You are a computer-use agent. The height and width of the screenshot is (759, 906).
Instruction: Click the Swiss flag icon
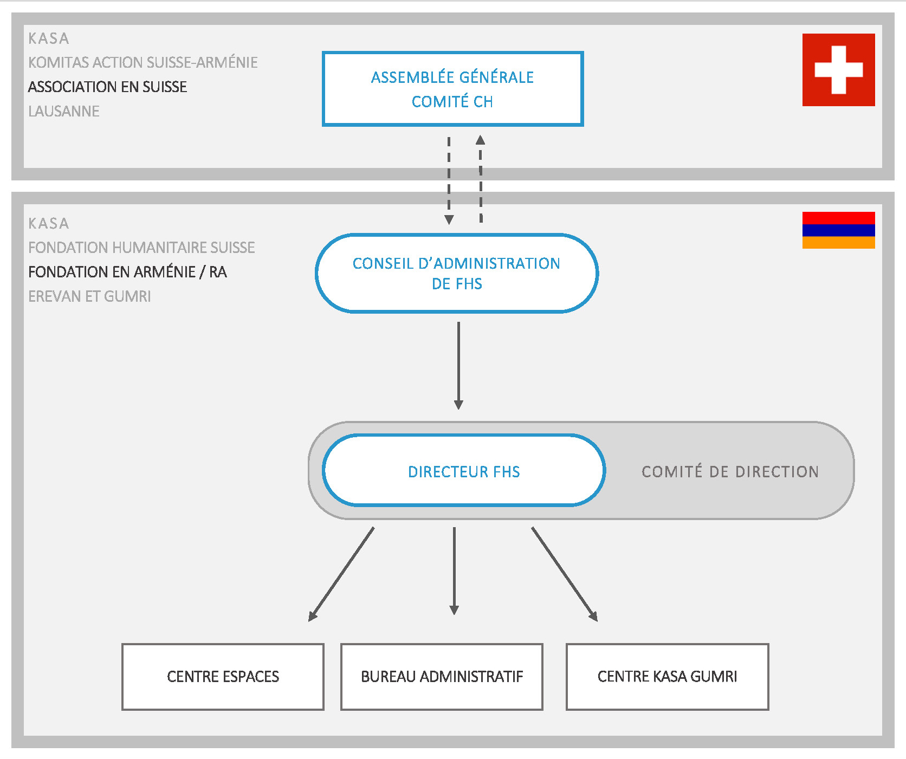[x=838, y=70]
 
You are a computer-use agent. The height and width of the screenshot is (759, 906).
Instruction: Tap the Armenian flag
[x=838, y=230]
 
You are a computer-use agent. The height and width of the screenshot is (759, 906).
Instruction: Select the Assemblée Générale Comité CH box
[x=452, y=89]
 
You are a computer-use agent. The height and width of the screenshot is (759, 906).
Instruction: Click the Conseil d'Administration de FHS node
[x=457, y=274]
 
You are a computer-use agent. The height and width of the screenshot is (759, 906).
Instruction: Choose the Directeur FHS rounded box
[x=464, y=471]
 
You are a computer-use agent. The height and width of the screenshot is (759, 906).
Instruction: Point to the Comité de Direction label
[x=730, y=472]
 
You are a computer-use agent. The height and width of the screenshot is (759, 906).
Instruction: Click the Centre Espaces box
[x=223, y=677]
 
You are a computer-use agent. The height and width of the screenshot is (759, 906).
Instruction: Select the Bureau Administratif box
[x=442, y=677]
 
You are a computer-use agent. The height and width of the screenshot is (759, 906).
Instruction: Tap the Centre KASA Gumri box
[x=667, y=677]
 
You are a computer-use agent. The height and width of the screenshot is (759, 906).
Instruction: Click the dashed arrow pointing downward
[x=449, y=180]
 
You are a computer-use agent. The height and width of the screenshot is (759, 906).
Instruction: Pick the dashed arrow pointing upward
[x=481, y=179]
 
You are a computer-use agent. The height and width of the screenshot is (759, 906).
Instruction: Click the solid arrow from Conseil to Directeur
[x=458, y=366]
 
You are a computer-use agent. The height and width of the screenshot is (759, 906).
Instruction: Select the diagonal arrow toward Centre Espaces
[x=341, y=574]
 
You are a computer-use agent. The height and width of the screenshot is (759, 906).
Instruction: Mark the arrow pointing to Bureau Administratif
[x=454, y=571]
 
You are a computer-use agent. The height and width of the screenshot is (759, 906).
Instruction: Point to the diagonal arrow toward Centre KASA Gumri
[x=565, y=574]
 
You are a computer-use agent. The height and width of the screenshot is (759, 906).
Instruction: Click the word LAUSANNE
[x=64, y=112]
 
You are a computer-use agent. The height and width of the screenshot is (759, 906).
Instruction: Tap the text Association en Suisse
[x=107, y=87]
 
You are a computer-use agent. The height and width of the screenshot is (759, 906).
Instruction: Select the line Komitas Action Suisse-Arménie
[x=143, y=63]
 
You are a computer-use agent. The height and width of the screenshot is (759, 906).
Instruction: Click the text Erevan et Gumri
[x=89, y=296]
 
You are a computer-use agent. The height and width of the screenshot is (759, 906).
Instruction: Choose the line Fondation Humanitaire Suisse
[x=141, y=248]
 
